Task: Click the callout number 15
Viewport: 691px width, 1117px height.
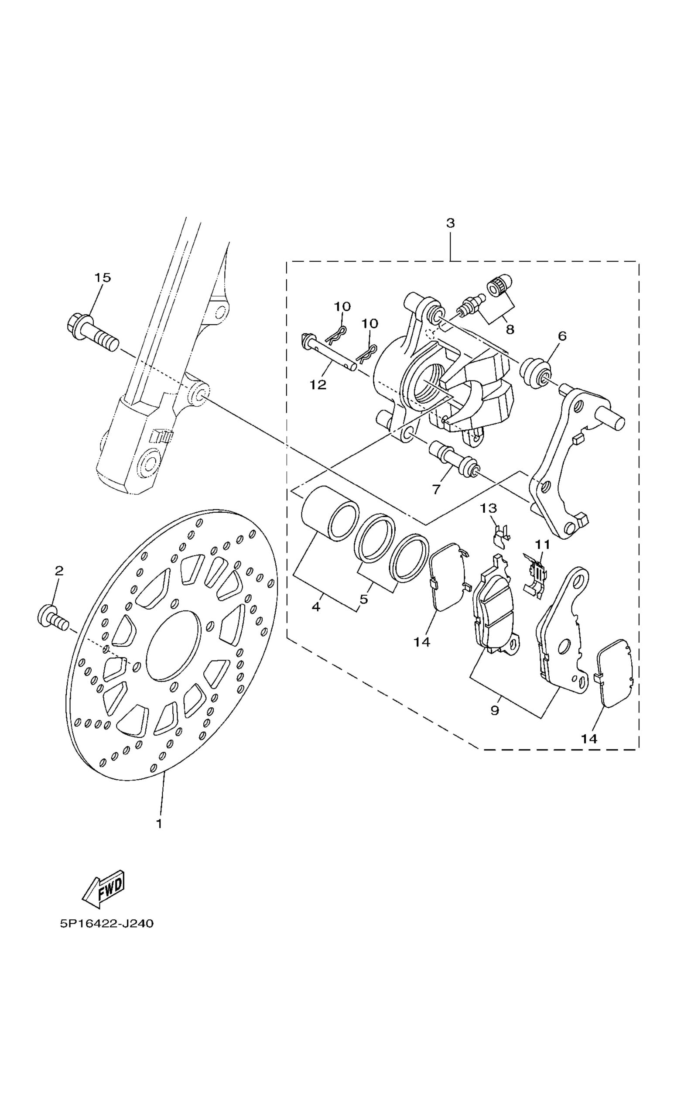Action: point(103,278)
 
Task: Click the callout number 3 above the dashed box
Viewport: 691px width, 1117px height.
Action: point(451,223)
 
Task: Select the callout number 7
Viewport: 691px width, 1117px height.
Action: point(436,490)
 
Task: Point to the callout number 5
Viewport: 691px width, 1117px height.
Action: point(364,599)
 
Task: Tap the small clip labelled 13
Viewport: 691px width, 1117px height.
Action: point(502,535)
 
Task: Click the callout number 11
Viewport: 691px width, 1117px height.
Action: point(543,545)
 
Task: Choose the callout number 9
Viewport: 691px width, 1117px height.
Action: point(495,711)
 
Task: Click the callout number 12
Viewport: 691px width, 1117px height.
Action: point(318,385)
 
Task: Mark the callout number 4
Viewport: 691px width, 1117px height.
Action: point(316,607)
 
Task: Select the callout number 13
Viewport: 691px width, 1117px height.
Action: point(489,508)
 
